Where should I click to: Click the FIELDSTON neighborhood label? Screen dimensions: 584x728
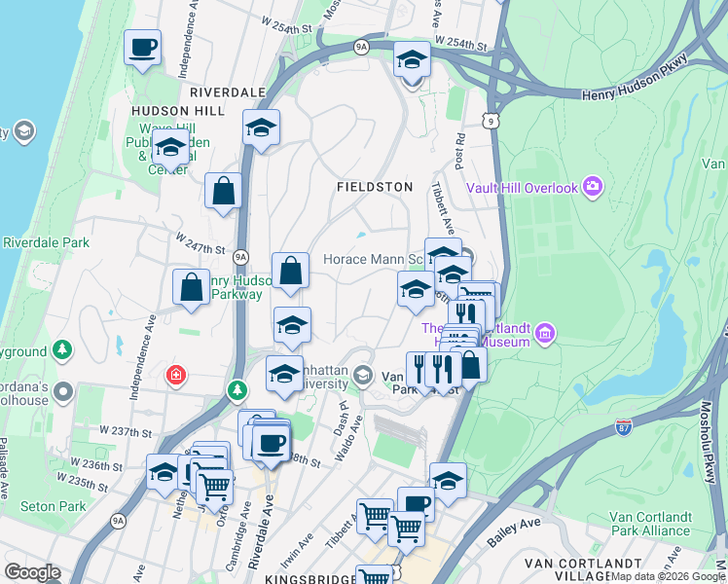pos(375,186)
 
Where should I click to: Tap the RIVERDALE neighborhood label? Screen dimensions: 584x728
pos(228,91)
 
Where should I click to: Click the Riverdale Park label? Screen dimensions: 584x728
pos(46,242)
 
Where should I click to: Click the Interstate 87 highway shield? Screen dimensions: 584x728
pos(624,426)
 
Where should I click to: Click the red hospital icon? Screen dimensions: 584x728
pos(176,375)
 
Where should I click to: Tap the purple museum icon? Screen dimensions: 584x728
pos(544,336)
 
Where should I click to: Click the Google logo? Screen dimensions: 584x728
pos(32,572)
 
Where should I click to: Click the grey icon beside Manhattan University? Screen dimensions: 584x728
pos(363,375)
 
